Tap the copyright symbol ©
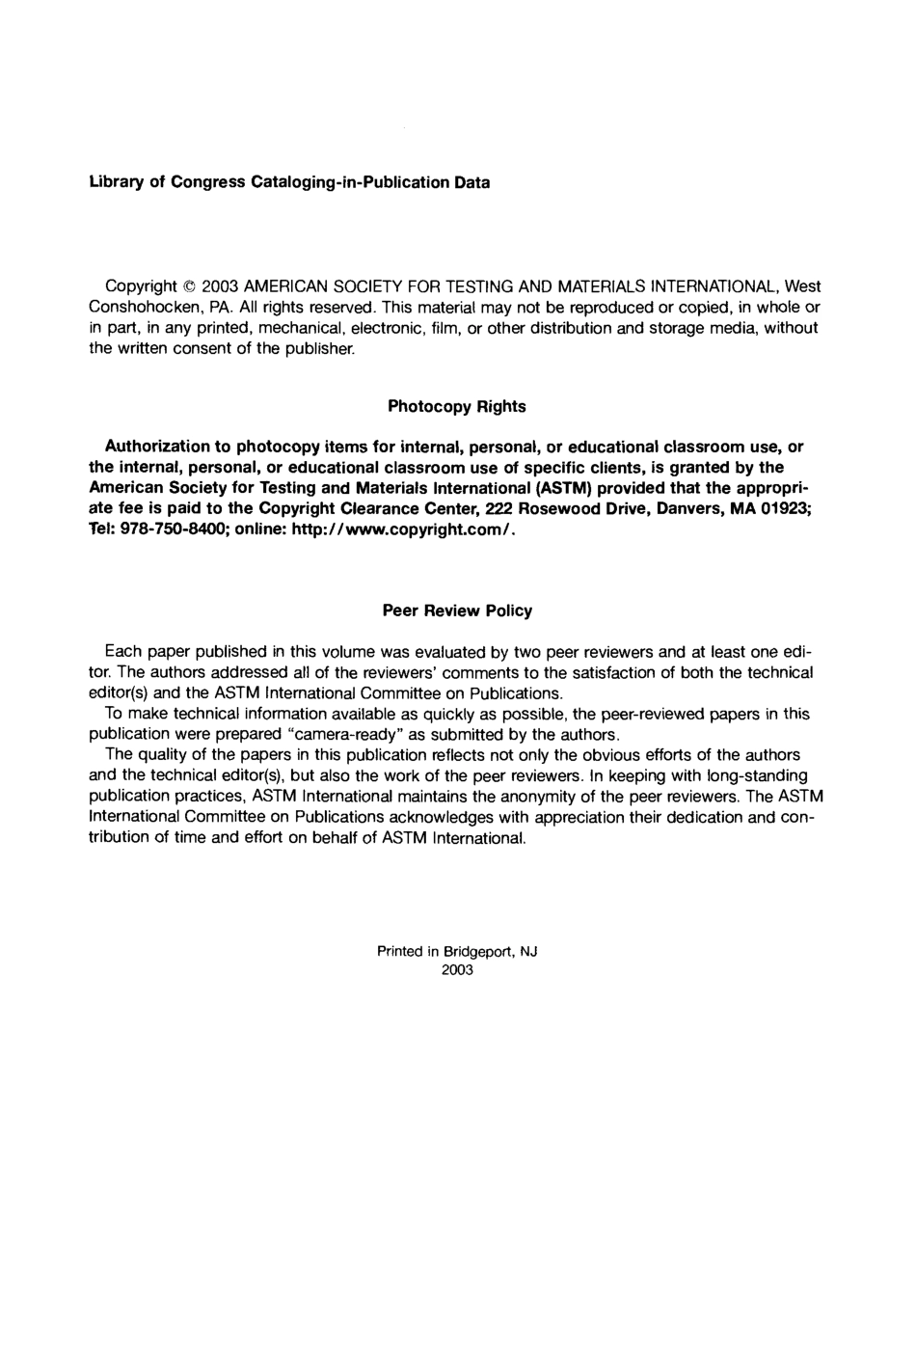click(x=189, y=286)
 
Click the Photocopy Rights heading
click(x=457, y=406)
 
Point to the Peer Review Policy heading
click(x=457, y=610)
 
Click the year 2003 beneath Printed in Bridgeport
click(x=457, y=970)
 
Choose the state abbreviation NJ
click(x=528, y=951)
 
